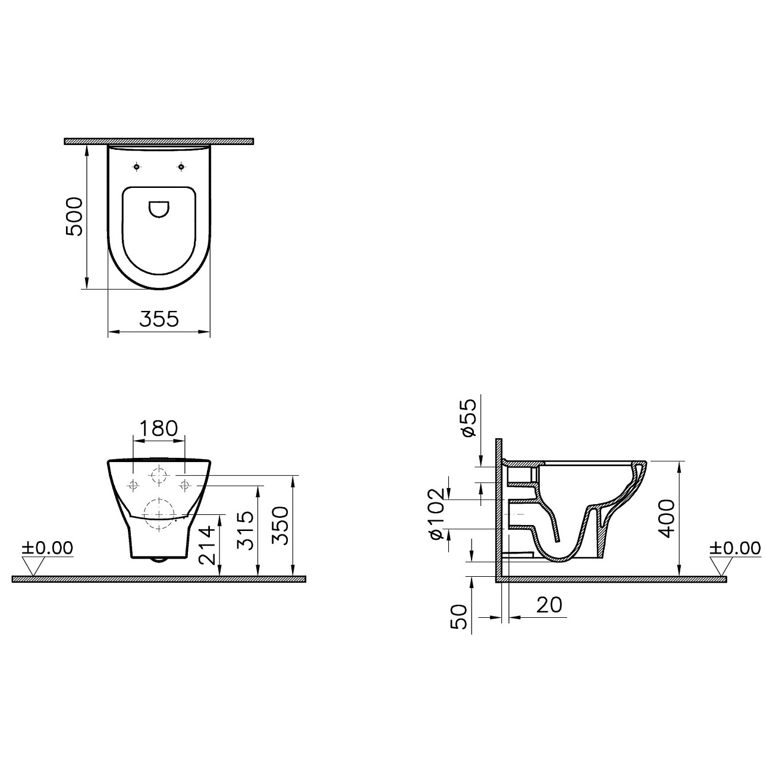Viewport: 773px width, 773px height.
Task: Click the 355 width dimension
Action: (x=159, y=319)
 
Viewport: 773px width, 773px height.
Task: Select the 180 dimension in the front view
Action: (x=158, y=428)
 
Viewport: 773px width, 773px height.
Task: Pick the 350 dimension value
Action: (x=282, y=526)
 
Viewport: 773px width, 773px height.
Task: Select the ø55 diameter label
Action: (x=469, y=418)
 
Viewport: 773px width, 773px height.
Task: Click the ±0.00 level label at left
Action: (x=47, y=548)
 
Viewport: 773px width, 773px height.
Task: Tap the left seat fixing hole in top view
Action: (x=137, y=168)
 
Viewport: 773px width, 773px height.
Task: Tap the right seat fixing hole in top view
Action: (x=181, y=168)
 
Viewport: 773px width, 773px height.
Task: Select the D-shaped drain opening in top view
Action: (x=159, y=209)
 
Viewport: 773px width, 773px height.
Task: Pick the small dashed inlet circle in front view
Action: (x=159, y=475)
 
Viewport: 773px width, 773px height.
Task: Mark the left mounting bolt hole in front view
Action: (x=133, y=485)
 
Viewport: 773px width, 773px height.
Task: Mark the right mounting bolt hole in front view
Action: (x=185, y=485)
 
